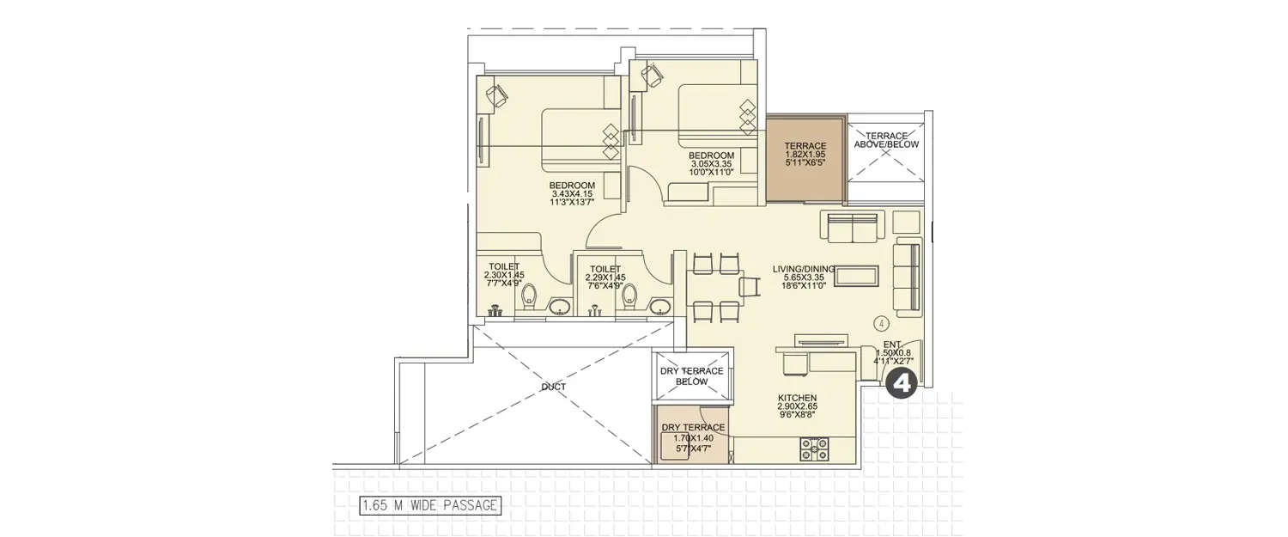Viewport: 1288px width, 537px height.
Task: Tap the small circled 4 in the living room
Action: pyautogui.click(x=881, y=324)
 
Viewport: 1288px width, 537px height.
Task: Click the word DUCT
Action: pyautogui.click(x=554, y=387)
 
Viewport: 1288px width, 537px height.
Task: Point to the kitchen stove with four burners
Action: pyautogui.click(x=814, y=448)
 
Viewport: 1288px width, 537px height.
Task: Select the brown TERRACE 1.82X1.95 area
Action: pyautogui.click(x=805, y=160)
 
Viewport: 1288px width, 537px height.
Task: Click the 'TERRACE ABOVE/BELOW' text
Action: pyautogui.click(x=886, y=140)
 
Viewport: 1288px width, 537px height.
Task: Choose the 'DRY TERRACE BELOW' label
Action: pyautogui.click(x=691, y=376)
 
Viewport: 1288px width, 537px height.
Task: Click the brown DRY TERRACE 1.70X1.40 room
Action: pyautogui.click(x=692, y=438)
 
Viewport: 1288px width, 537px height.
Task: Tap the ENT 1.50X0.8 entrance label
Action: pyautogui.click(x=892, y=352)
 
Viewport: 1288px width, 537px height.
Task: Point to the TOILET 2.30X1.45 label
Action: pyautogui.click(x=504, y=277)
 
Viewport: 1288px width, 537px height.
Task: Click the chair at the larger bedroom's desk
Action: pyautogui.click(x=497, y=94)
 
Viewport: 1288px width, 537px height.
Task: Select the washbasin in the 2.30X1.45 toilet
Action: pyautogui.click(x=560, y=306)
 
